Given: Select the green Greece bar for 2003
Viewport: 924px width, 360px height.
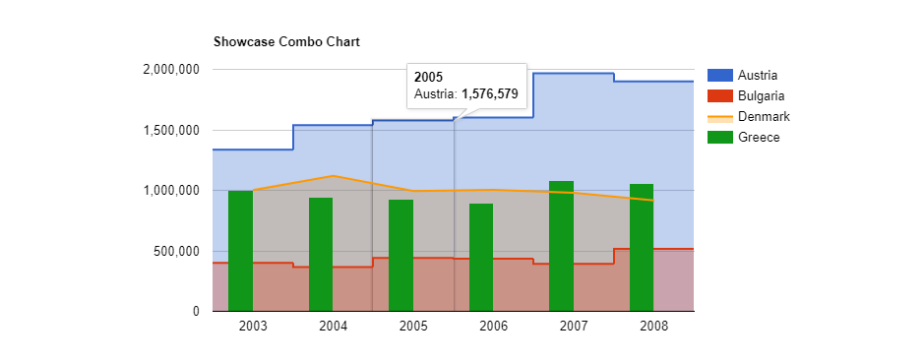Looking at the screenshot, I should (x=240, y=251).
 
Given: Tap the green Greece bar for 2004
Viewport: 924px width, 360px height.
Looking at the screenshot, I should (x=321, y=255).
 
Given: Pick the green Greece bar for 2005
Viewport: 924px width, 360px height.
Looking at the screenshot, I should (x=400, y=256).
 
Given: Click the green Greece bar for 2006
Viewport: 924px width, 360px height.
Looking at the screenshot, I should (x=481, y=258).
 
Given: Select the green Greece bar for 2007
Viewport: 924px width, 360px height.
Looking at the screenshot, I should (x=561, y=246).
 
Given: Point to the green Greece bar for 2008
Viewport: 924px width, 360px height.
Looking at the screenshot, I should (x=642, y=248).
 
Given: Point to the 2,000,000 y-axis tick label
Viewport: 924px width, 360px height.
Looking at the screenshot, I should (x=172, y=70).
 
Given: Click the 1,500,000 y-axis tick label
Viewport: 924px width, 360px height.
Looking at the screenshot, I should (x=172, y=131).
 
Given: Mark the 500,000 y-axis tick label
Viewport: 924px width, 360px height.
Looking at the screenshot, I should (x=178, y=252).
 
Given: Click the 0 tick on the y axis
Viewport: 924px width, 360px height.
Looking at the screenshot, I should (x=195, y=312).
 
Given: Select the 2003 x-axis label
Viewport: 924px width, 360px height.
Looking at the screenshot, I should (x=253, y=326).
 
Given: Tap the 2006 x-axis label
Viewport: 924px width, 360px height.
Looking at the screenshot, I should (x=494, y=326).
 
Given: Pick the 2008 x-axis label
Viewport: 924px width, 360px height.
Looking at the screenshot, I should (x=654, y=326).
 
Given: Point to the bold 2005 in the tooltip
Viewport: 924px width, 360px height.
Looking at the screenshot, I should (x=428, y=77).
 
